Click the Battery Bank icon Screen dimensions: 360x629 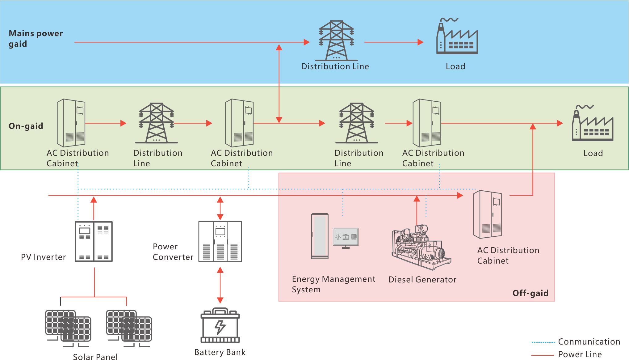point(220,326)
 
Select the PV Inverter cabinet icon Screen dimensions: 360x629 point(94,242)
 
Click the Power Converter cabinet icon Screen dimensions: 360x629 point(220,242)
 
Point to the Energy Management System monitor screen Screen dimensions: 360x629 point(346,237)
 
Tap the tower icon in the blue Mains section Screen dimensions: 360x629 point(337,40)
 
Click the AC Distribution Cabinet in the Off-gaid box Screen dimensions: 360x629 point(488,214)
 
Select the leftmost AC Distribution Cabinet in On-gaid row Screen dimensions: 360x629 point(71,123)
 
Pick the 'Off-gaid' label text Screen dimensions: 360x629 point(530,293)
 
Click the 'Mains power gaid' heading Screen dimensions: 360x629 point(36,38)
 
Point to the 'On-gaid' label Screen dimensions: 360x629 point(26,126)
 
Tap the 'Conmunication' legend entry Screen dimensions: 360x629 point(589,342)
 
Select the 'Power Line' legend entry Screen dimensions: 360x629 point(580,354)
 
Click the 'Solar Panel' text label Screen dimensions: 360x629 point(95,357)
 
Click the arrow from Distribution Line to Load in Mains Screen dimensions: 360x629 point(394,42)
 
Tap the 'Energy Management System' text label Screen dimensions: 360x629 point(333,284)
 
